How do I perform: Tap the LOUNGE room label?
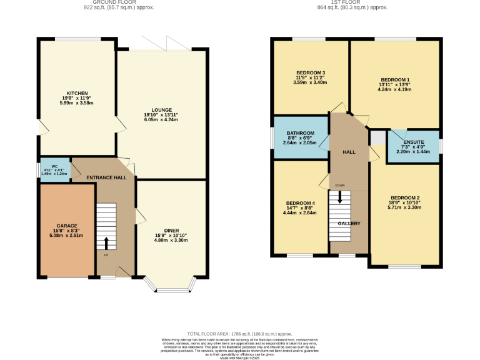click(161, 110)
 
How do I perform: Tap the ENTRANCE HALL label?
click(106, 177)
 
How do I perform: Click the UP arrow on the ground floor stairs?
click(106, 242)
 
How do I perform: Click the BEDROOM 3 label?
click(310, 72)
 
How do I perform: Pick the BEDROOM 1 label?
click(395, 80)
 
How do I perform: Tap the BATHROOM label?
click(301, 133)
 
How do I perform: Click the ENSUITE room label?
click(413, 142)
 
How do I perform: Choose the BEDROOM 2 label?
click(404, 198)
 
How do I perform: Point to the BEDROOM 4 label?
click(301, 203)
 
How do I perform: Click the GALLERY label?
click(349, 223)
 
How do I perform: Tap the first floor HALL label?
click(349, 152)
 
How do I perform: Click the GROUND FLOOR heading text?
click(119, 2)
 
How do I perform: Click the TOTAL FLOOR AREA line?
click(240, 334)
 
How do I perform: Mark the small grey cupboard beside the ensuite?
click(377, 137)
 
